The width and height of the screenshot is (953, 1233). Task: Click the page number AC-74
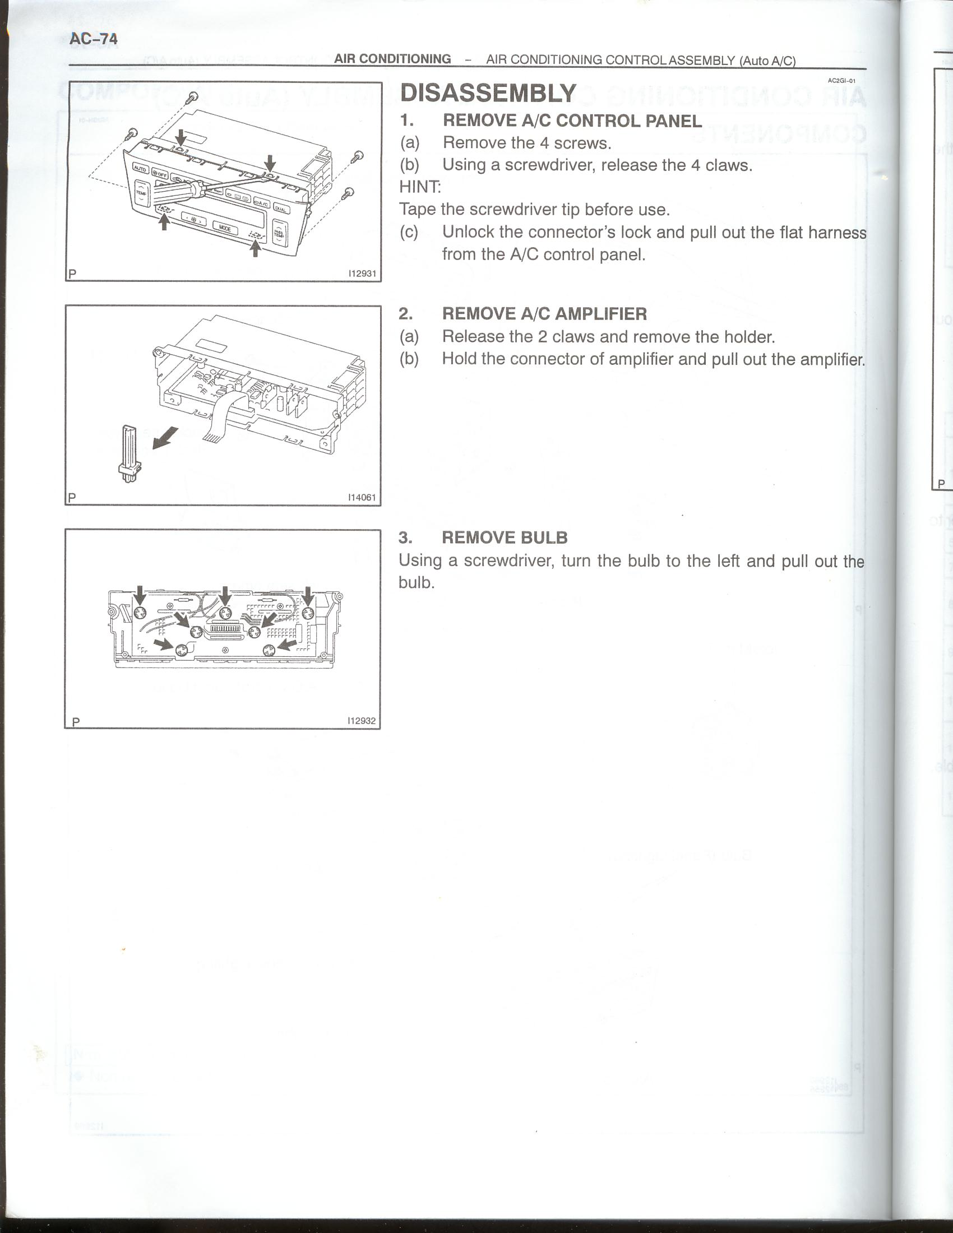pos(93,39)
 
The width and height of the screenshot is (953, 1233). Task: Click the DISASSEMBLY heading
pos(488,93)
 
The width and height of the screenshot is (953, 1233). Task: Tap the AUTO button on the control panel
pos(140,168)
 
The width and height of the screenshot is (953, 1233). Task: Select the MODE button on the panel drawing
pos(225,228)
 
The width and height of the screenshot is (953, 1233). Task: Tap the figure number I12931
pos(362,274)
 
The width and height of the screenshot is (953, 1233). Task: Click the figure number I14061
pos(362,497)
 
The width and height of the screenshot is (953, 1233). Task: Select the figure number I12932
pos(362,721)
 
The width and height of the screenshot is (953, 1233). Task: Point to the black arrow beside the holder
pos(165,438)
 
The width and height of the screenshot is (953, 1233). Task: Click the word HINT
pos(419,186)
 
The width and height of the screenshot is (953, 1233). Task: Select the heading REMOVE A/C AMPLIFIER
pos(544,314)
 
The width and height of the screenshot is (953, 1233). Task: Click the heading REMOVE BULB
pos(504,537)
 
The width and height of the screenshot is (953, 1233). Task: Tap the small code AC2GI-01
pos(841,81)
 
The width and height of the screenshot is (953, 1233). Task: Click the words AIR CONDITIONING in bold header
pos(392,59)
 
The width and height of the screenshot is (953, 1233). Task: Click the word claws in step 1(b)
pos(728,165)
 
